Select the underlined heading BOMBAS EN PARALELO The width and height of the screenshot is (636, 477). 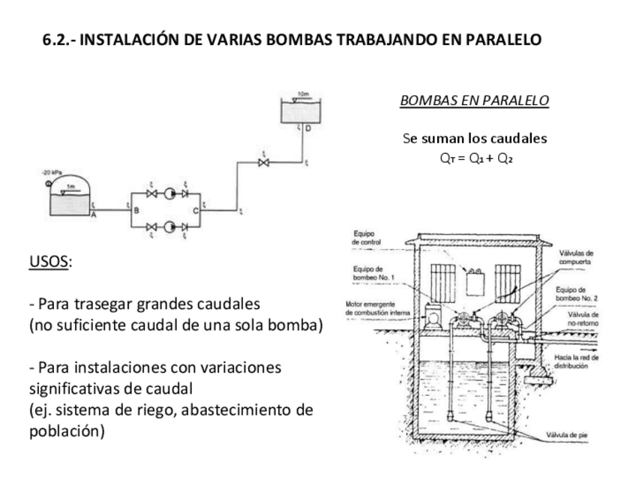tap(474, 100)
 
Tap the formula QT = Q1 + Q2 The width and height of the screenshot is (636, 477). tap(474, 158)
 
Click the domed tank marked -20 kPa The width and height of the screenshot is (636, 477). tap(68, 196)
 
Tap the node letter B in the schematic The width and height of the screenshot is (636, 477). tap(136, 211)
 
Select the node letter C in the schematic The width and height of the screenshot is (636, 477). tap(196, 211)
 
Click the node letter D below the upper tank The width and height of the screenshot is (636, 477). tap(307, 129)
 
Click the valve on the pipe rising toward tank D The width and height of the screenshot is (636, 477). tap(262, 163)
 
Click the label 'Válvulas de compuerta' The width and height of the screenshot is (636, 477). tap(577, 258)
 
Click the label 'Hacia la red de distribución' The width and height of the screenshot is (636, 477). tap(575, 362)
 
